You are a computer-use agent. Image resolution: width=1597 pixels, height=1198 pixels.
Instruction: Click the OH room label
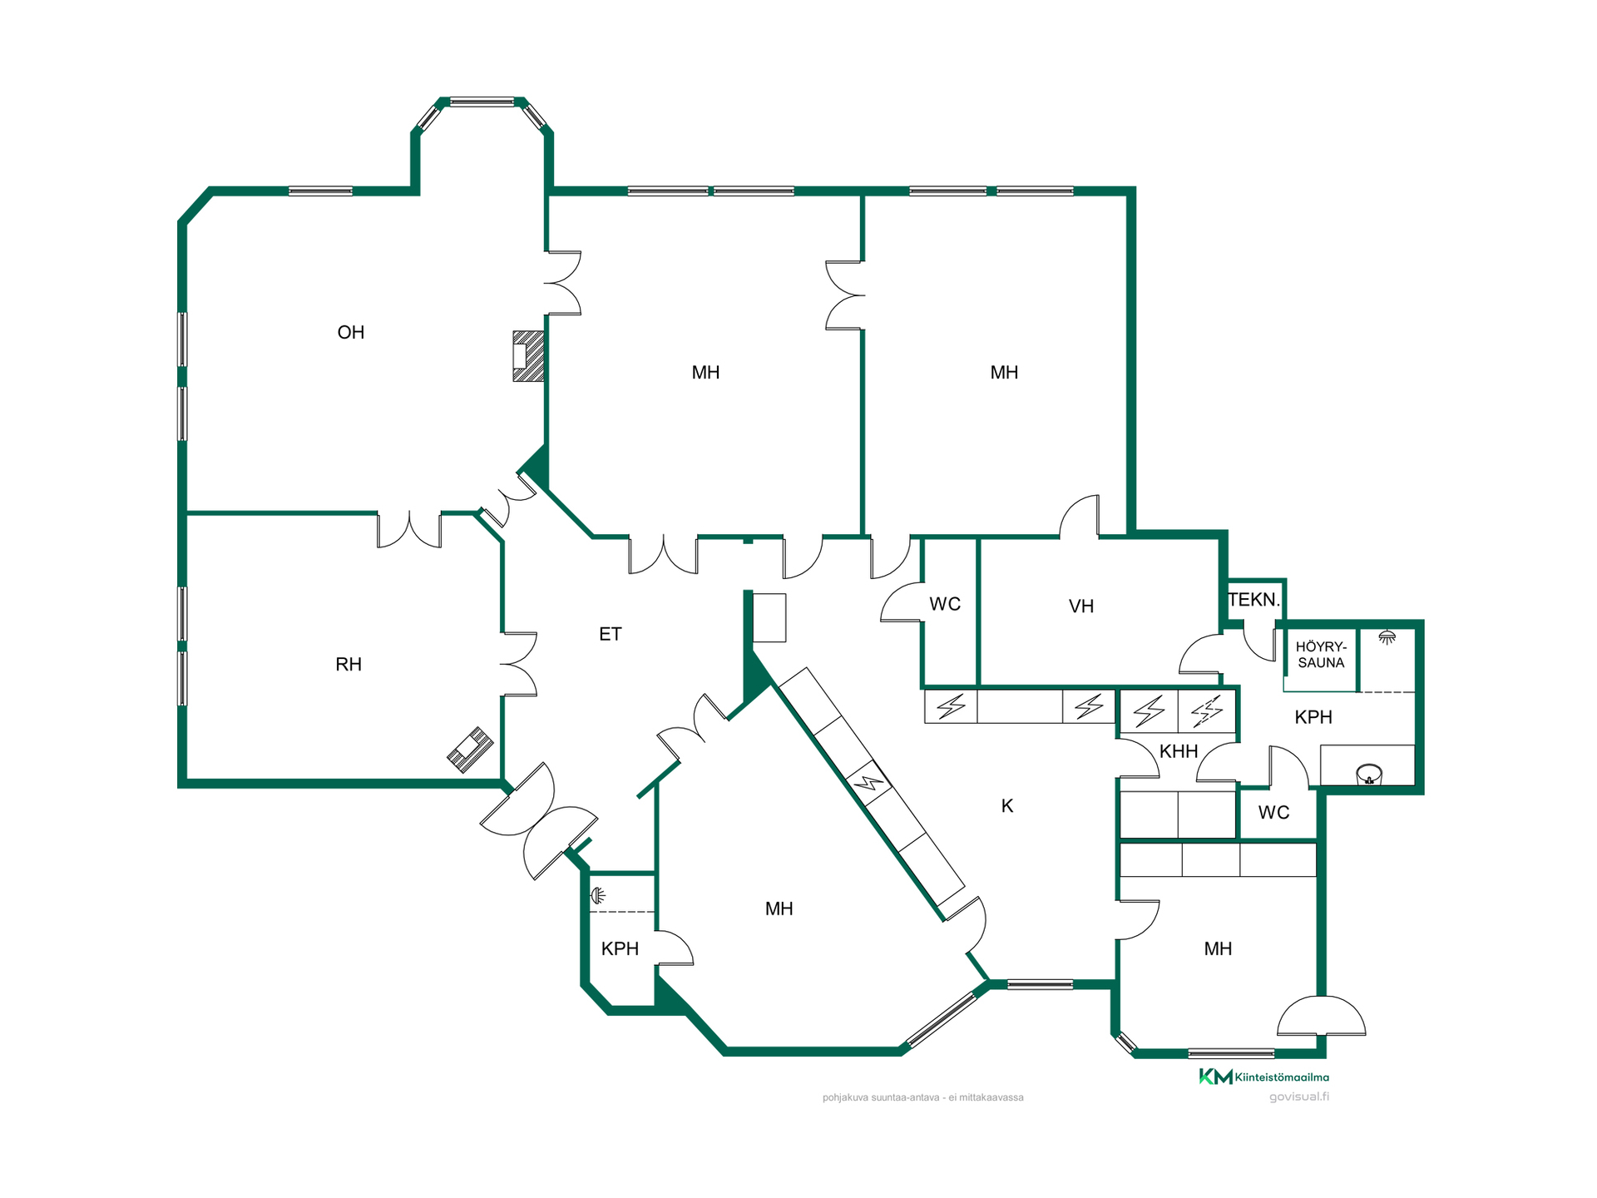tap(350, 333)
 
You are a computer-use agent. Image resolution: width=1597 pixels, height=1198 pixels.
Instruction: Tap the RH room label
tap(349, 665)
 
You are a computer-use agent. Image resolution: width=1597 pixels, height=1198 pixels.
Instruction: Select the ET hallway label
tap(610, 635)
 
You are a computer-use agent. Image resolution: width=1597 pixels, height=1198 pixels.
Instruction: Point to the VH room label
tap(1081, 606)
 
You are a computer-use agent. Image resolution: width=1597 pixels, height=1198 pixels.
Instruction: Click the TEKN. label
tap(1254, 600)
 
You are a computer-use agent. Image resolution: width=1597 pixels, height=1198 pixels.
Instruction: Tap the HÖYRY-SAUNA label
tap(1321, 655)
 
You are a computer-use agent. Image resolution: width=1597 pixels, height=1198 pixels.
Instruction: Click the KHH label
tap(1179, 752)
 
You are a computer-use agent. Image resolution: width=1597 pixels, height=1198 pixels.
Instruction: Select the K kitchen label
tap(1007, 806)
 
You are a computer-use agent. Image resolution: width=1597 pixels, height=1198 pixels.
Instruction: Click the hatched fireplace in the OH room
tap(528, 356)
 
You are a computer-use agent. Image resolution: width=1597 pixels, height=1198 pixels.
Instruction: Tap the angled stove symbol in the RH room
tap(470, 750)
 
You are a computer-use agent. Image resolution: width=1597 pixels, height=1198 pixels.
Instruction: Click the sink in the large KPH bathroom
tap(1368, 775)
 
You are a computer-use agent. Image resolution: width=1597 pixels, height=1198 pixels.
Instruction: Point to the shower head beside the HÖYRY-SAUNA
tap(1387, 637)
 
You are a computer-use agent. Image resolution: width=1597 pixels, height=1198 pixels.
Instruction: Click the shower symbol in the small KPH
tap(597, 896)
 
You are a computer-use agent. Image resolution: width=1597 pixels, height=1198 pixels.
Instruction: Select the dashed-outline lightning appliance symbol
tap(1207, 711)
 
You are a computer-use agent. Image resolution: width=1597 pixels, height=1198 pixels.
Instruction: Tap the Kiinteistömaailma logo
tap(1263, 1077)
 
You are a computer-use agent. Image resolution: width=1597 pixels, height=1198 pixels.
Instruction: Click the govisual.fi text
tap(1298, 1097)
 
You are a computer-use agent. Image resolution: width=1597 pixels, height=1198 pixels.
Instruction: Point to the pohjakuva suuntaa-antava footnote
tap(922, 1097)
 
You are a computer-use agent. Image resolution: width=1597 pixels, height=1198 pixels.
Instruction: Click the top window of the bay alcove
tap(482, 102)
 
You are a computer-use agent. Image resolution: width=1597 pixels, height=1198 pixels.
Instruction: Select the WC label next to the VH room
tap(945, 604)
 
